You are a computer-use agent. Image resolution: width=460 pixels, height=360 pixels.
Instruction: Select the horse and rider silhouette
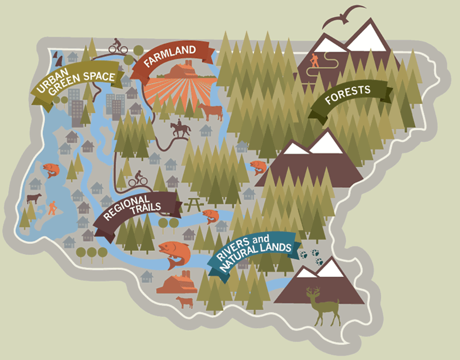point(179,129)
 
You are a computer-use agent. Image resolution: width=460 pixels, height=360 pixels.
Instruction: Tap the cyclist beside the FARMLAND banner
point(118,46)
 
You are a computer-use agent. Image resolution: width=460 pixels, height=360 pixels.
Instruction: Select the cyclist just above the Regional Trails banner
point(138,179)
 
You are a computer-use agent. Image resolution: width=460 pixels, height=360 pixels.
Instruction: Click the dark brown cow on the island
point(34,199)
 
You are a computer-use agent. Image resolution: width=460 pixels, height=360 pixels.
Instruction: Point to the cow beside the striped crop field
point(211,112)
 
